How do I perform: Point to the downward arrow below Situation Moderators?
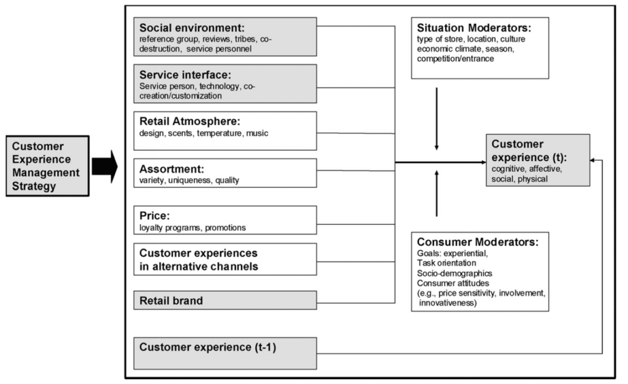point(437,119)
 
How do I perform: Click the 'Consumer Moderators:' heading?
point(478,242)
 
